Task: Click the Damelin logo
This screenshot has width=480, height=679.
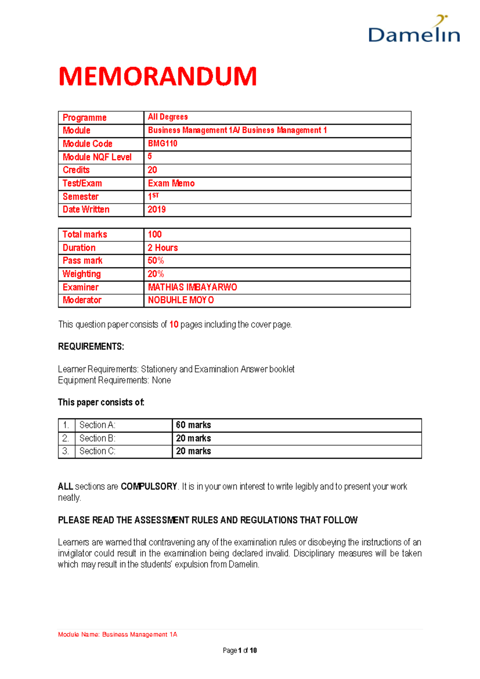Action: click(414, 30)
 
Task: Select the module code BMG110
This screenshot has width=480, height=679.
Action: click(162, 143)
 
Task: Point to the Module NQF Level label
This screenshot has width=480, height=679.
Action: click(97, 157)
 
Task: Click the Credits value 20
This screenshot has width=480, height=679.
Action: click(152, 170)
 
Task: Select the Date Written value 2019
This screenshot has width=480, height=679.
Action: click(156, 209)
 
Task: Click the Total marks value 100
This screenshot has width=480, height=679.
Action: click(154, 234)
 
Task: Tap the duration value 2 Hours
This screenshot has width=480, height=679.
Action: click(163, 248)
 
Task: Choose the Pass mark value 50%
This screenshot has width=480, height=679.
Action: click(156, 261)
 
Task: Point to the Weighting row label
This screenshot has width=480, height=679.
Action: click(82, 274)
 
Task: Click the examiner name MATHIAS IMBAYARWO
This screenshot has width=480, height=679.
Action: click(192, 287)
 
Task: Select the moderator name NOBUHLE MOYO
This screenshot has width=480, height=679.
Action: click(181, 300)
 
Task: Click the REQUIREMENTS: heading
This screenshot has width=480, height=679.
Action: click(91, 346)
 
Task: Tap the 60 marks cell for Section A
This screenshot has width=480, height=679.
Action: click(194, 425)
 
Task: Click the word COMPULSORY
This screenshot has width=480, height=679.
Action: click(149, 486)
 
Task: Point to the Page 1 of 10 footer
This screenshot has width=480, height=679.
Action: click(240, 651)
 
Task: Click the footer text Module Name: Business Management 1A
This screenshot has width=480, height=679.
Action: click(118, 634)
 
